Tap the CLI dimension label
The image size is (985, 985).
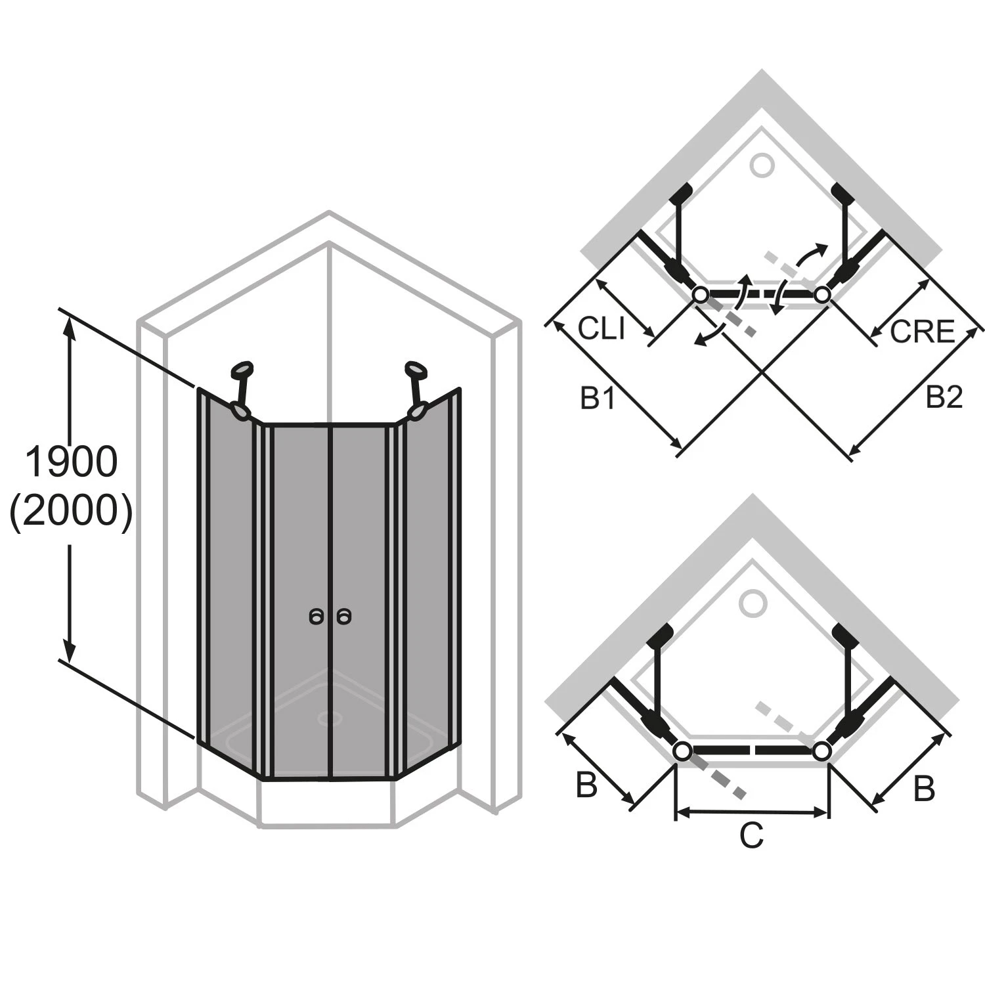(x=601, y=328)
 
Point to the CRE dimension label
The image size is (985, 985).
(x=921, y=332)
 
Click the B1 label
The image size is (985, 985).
(x=598, y=398)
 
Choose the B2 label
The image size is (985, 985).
(x=944, y=398)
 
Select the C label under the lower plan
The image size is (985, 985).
(x=751, y=836)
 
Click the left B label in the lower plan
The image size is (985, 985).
(x=586, y=785)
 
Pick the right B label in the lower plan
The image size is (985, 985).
(x=924, y=789)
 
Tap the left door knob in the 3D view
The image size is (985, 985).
(x=317, y=617)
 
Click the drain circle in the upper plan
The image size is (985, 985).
(x=762, y=165)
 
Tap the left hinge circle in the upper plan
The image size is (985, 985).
(x=701, y=295)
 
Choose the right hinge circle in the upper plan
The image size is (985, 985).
(x=822, y=295)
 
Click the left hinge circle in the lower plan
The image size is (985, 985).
(x=683, y=750)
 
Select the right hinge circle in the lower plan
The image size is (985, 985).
(x=821, y=750)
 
